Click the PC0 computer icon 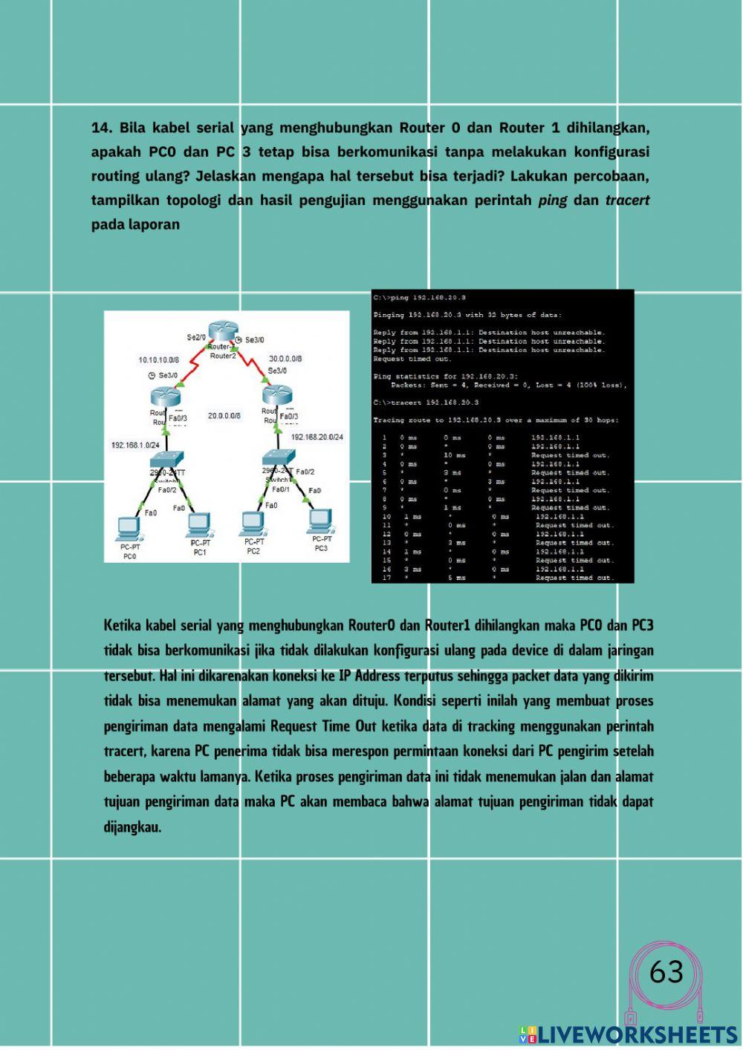coord(129,527)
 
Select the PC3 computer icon coord(319,521)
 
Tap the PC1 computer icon coord(198,525)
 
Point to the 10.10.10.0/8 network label coord(158,360)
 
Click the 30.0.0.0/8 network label coord(285,359)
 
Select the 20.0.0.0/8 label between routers coord(224,416)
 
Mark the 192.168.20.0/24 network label coord(317,437)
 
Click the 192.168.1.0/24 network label coord(135,445)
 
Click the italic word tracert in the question coord(627,200)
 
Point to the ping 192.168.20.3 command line coord(420,298)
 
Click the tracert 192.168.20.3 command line coord(426,402)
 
